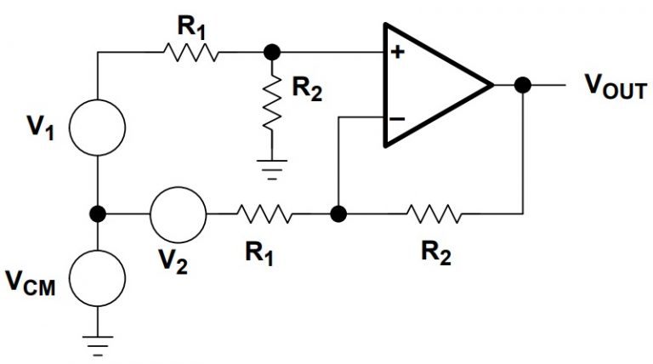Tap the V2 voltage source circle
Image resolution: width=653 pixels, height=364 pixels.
(x=178, y=213)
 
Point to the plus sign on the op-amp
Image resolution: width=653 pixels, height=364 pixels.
(x=396, y=53)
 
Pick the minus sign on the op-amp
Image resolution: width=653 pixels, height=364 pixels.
(x=396, y=118)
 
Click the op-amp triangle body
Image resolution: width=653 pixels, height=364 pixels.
(x=429, y=85)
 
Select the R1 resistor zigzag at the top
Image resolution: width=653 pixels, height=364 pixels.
(x=190, y=53)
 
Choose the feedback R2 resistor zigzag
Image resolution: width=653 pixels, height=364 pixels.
(x=435, y=213)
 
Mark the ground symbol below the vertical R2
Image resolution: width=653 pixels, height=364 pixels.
(x=272, y=167)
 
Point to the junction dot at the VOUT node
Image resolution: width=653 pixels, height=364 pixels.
(x=523, y=85)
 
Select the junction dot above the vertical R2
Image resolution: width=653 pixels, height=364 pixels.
(x=272, y=53)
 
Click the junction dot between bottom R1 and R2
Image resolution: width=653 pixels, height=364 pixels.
(x=338, y=213)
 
